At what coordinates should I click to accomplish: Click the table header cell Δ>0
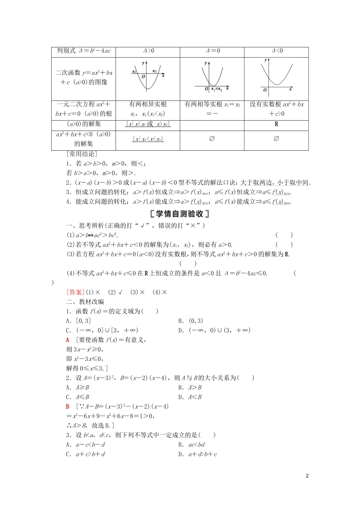[148, 51]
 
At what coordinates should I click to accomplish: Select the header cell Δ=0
[213, 51]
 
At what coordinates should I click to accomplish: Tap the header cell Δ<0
[277, 51]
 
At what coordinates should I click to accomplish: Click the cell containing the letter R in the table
[276, 124]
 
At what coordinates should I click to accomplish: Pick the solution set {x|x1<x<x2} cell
[148, 139]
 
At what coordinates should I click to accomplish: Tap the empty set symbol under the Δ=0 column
[212, 139]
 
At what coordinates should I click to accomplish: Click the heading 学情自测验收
[180, 214]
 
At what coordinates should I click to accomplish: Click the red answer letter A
[68, 340]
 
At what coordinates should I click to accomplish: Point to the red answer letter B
[68, 407]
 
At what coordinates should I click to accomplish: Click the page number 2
[307, 476]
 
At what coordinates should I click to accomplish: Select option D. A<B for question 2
[190, 397]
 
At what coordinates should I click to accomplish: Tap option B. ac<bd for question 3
[191, 445]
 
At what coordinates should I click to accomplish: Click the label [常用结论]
[81, 154]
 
